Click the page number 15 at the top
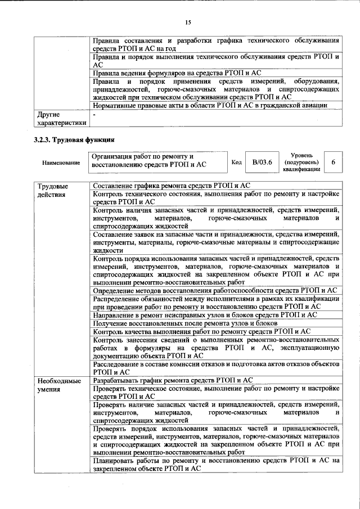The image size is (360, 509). (188, 22)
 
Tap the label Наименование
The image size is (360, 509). (61, 163)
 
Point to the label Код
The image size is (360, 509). (237, 162)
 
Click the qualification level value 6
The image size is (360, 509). (334, 162)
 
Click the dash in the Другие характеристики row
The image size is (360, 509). (94, 115)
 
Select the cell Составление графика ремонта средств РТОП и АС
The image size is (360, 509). (172, 185)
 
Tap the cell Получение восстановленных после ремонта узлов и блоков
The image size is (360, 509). (185, 323)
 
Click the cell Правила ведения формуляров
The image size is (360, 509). (177, 73)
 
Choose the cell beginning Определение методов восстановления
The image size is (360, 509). (214, 290)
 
